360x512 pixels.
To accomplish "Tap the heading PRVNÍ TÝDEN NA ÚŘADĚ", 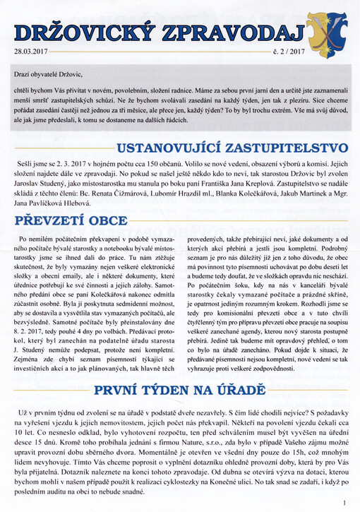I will click(179, 389).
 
